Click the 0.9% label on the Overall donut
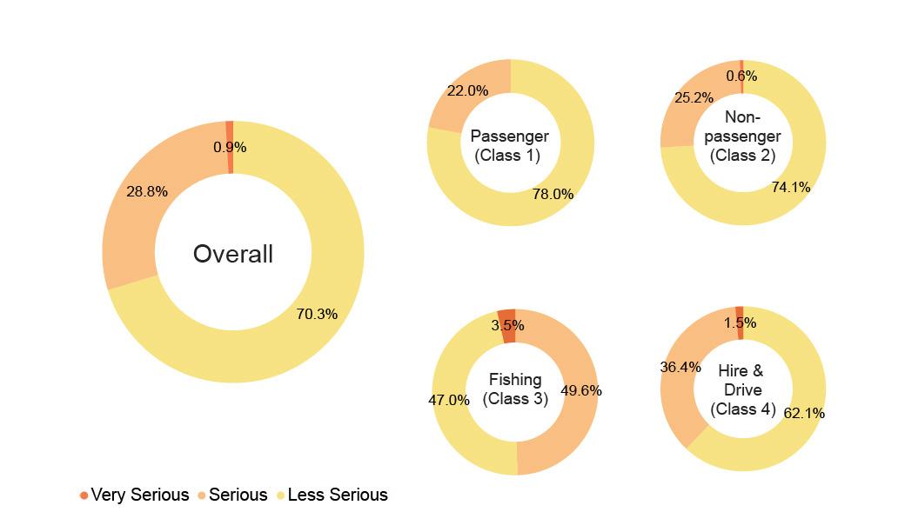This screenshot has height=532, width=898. coord(230,148)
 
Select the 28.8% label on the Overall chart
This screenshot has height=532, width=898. coord(147,191)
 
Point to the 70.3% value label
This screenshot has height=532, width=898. coord(317,314)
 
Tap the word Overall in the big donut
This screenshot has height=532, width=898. coord(233,254)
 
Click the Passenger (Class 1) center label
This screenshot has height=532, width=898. coord(509,146)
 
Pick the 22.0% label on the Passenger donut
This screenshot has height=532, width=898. coord(467,90)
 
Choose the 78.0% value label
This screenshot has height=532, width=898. coord(553,194)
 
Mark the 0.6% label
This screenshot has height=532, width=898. coord(741,76)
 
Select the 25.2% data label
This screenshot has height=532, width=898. coord(694,97)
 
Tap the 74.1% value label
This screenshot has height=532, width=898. coord(790,187)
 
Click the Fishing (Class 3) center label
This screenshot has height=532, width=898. coord(515,389)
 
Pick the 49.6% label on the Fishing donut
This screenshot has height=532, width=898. coord(580,390)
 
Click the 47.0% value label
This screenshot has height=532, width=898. coord(449,400)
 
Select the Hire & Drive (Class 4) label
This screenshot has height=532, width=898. coord(741,389)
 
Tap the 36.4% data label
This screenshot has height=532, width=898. coord(680,368)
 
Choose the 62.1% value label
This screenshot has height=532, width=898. coord(803,413)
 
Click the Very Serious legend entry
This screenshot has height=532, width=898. coord(134,495)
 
